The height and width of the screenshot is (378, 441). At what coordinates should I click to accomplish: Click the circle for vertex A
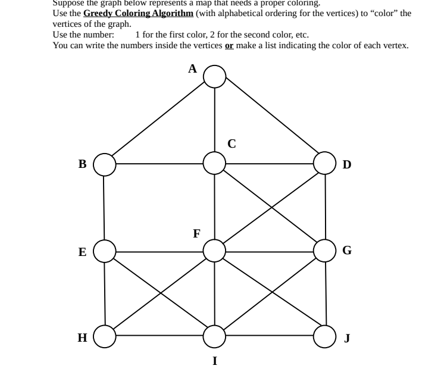coord(215,76)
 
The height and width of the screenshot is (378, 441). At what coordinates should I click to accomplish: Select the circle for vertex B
coord(104,164)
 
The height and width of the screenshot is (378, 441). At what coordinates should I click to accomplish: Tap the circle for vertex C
coord(215,163)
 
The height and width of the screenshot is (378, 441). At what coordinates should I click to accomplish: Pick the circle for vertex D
coord(325,163)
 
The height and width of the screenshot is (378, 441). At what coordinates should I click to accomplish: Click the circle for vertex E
coord(105,251)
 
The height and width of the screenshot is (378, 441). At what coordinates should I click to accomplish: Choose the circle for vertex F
coord(214,251)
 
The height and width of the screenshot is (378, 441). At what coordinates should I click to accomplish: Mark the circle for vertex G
coord(325,251)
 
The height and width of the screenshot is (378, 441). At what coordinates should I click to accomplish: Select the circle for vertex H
coord(105,336)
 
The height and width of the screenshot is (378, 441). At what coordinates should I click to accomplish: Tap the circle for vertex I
coord(215,336)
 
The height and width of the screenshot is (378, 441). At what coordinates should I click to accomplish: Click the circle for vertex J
coord(326,336)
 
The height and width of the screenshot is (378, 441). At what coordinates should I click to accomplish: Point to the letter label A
coord(192,69)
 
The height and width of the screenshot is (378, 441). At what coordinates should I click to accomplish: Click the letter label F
coord(196,233)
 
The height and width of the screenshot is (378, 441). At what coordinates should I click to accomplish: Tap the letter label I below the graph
coord(215,361)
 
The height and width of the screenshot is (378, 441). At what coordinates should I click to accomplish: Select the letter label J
coord(348,338)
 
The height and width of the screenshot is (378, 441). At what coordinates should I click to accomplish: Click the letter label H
coord(82,338)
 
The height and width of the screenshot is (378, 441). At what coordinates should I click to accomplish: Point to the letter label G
coord(347,251)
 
